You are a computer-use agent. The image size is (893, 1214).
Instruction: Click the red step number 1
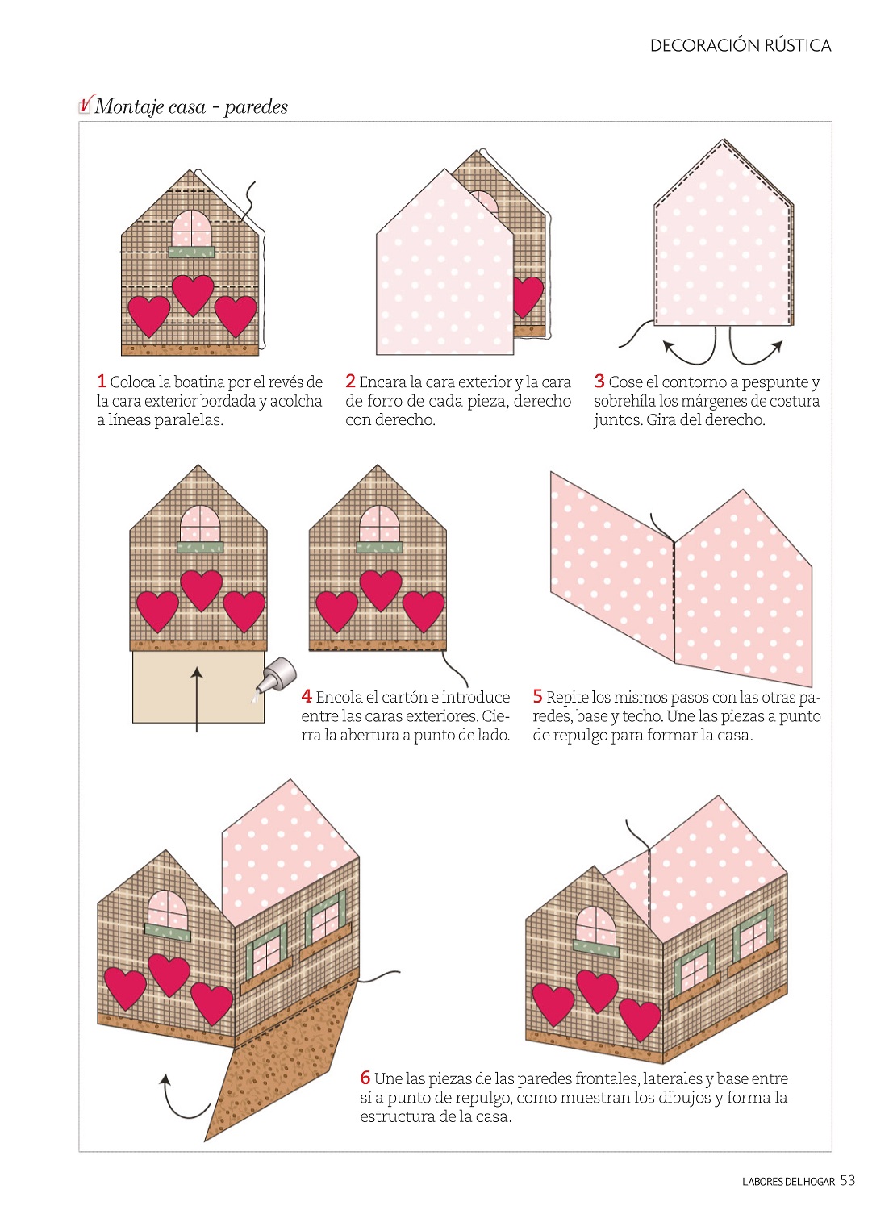[x=102, y=382]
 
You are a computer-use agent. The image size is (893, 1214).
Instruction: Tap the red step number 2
[x=350, y=382]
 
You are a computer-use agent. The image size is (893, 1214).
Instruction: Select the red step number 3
[x=599, y=382]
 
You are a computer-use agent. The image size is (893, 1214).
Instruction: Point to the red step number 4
[x=307, y=696]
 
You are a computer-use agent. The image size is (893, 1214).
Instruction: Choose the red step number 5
[x=537, y=696]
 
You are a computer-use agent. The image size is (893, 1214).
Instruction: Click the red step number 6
[x=365, y=1078]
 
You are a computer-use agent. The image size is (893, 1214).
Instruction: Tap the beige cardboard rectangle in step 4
[x=198, y=687]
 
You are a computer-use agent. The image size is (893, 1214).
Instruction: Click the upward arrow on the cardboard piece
[x=197, y=699]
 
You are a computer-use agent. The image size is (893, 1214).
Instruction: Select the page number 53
[x=848, y=1181]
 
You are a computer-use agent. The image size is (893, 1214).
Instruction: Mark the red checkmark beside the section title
[x=86, y=103]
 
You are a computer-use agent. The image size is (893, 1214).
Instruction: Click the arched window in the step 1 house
[x=192, y=228]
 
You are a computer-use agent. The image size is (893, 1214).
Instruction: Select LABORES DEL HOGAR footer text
[x=788, y=1182]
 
